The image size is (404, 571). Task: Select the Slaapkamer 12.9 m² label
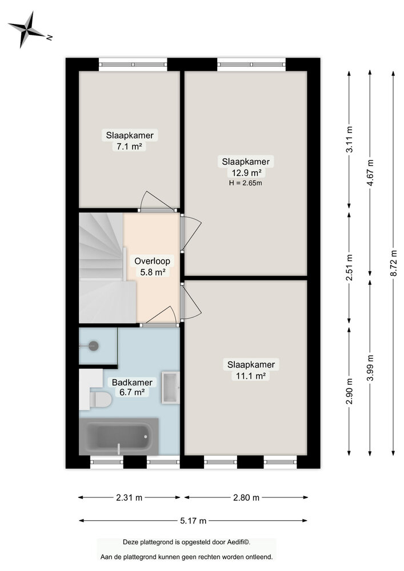click(x=246, y=167)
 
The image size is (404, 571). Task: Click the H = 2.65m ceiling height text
click(x=246, y=183)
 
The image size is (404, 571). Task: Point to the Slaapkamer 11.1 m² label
click(x=251, y=370)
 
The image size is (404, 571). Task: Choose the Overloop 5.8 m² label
click(x=153, y=267)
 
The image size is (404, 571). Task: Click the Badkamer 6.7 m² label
click(x=131, y=387)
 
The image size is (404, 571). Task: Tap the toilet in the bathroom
click(x=101, y=399)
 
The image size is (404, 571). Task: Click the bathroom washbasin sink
click(x=171, y=387)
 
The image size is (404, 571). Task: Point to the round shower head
click(x=93, y=345)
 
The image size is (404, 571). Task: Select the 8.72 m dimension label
click(x=393, y=263)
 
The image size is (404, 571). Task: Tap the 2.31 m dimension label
click(x=129, y=497)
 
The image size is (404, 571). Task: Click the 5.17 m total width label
click(x=193, y=520)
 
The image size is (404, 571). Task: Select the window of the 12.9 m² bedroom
click(x=251, y=64)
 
